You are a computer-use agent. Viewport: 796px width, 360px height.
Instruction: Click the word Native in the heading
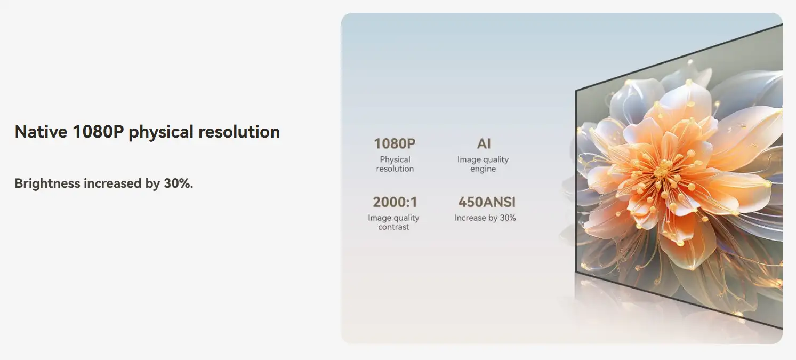coord(41,132)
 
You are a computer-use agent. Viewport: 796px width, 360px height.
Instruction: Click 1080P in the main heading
coord(98,132)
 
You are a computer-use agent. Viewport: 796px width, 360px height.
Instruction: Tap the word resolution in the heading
coord(239,132)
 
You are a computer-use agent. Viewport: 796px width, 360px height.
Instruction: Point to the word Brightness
coord(47,183)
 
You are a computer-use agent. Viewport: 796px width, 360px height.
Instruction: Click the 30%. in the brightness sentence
coord(179,183)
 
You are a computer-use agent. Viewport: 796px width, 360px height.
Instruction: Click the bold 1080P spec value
coord(395,143)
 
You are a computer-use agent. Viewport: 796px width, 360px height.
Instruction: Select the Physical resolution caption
coord(395,164)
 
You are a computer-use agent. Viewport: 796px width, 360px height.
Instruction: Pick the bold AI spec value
coord(484,143)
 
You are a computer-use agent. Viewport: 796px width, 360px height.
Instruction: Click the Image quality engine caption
coord(483,164)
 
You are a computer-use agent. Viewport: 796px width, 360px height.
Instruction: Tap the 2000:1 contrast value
coord(395,202)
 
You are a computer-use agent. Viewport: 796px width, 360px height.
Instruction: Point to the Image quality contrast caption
coord(393,222)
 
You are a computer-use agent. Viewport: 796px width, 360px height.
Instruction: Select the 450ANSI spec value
coord(486,202)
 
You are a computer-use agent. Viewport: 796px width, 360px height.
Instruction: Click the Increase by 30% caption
coord(485,218)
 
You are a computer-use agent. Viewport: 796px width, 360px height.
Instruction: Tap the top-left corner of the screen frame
coord(576,90)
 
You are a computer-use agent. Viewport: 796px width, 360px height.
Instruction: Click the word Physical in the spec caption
coord(395,160)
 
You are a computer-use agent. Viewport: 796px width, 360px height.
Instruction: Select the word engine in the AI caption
coord(483,169)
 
